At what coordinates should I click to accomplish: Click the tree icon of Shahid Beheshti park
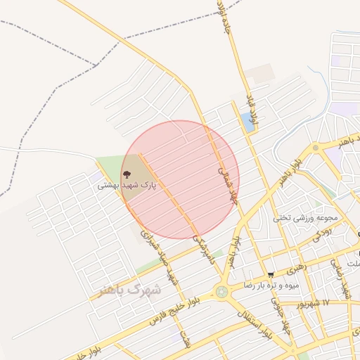pos(127,174)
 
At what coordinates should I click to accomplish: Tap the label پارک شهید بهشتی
pos(127,186)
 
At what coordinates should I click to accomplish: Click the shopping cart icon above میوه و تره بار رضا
pos(271,275)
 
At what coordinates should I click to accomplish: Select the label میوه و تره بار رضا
pos(271,285)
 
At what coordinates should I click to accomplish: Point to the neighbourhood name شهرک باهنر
pos(130,289)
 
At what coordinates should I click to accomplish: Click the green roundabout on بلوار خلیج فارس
pos(222,291)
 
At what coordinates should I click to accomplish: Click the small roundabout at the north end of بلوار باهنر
pos(316,148)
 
